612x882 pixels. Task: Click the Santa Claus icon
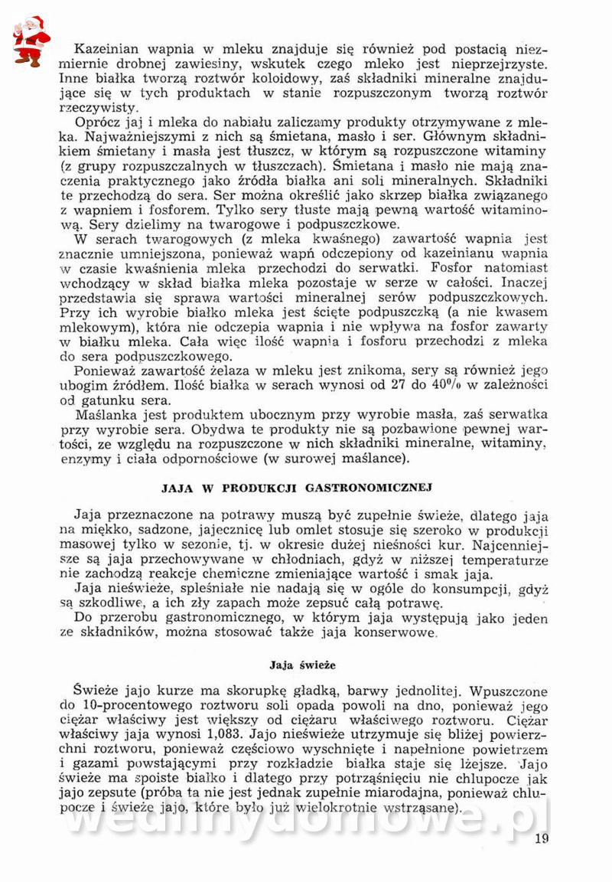[x=31, y=41]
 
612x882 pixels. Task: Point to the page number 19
[x=542, y=838]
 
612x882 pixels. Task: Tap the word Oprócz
[x=98, y=122]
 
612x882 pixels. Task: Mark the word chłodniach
[x=286, y=560]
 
